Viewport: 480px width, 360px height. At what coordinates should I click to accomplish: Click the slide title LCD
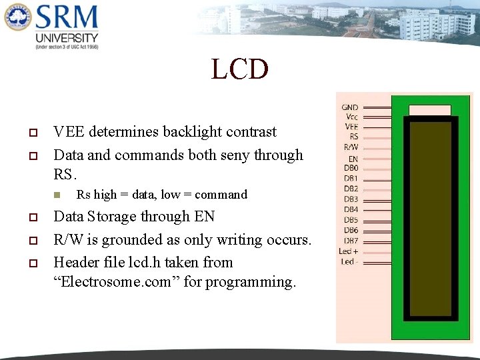240,69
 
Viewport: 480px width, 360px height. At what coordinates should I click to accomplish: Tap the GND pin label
350,107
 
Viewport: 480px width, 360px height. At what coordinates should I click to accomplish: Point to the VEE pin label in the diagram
351,127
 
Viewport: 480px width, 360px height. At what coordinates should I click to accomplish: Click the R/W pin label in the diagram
351,147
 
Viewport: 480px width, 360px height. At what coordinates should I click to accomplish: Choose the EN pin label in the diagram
353,159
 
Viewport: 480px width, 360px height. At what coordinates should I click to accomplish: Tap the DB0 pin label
351,168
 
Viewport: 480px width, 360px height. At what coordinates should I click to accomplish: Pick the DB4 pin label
351,209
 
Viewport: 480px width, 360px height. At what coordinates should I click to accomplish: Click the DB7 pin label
351,241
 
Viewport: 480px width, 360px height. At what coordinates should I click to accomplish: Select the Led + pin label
349,251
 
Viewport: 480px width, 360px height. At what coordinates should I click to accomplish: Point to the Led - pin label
348,261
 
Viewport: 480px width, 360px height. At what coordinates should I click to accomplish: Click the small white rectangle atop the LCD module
429,109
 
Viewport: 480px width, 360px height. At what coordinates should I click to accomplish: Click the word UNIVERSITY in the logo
67,37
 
